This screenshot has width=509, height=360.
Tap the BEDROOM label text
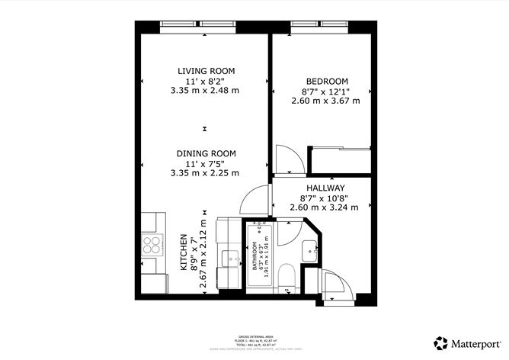click(326, 82)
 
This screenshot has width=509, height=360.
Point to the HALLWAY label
click(325, 188)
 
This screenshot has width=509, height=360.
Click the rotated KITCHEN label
click(184, 253)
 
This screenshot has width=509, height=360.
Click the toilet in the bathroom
click(284, 277)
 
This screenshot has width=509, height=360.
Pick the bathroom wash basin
click(309, 249)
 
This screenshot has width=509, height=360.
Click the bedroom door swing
click(287, 159)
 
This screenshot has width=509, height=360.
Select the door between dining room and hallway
click(251, 201)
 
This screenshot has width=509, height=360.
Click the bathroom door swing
click(289, 232)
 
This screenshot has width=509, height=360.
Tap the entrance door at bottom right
click(332, 286)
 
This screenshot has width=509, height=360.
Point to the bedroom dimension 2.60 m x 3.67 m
click(325, 101)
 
